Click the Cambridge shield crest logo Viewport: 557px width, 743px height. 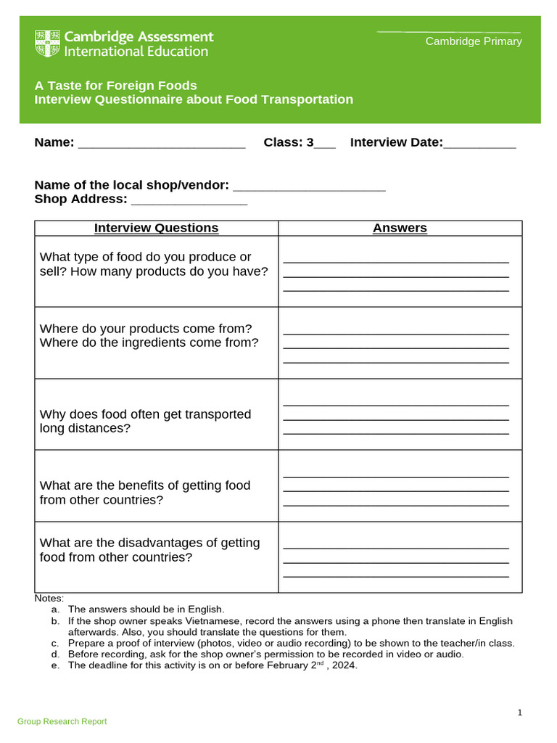(48, 44)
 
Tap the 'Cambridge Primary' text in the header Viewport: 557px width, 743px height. (473, 41)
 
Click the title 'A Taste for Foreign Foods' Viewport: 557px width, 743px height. (116, 86)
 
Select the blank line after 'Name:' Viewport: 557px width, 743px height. (161, 144)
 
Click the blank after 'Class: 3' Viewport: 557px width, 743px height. (325, 144)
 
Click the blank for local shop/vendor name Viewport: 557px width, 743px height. (309, 186)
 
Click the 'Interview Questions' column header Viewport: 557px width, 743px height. (156, 228)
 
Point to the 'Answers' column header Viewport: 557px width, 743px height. (400, 228)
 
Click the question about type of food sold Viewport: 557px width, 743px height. (154, 264)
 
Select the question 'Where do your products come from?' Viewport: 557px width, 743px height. (146, 329)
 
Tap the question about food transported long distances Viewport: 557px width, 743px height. (145, 421)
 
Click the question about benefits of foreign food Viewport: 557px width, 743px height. (145, 493)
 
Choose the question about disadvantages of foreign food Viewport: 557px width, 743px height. (149, 550)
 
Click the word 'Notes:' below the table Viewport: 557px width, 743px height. (49, 599)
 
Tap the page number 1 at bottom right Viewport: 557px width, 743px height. (520, 713)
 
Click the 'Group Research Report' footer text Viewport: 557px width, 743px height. (62, 721)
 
